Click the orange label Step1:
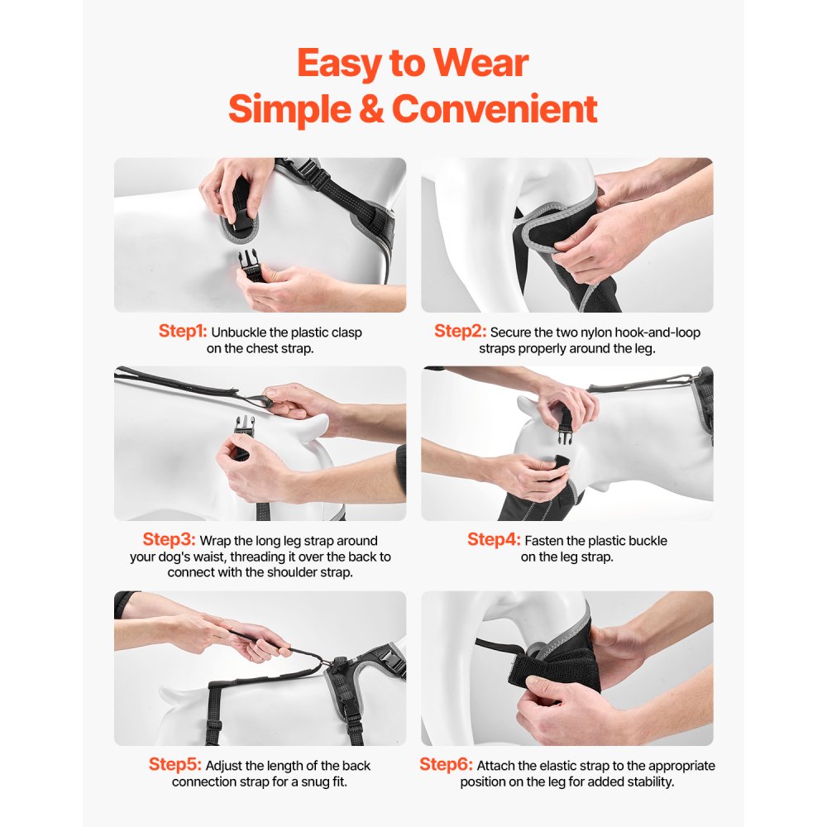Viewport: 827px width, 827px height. [x=182, y=332]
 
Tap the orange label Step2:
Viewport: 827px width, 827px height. [x=460, y=332]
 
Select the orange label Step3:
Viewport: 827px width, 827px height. [x=168, y=540]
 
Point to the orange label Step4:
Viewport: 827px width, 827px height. [x=494, y=540]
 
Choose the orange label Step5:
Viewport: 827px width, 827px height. [x=175, y=765]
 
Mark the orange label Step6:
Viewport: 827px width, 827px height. [x=446, y=765]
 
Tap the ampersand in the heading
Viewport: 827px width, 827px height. [x=371, y=109]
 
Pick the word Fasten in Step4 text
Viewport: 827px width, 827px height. [x=546, y=541]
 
